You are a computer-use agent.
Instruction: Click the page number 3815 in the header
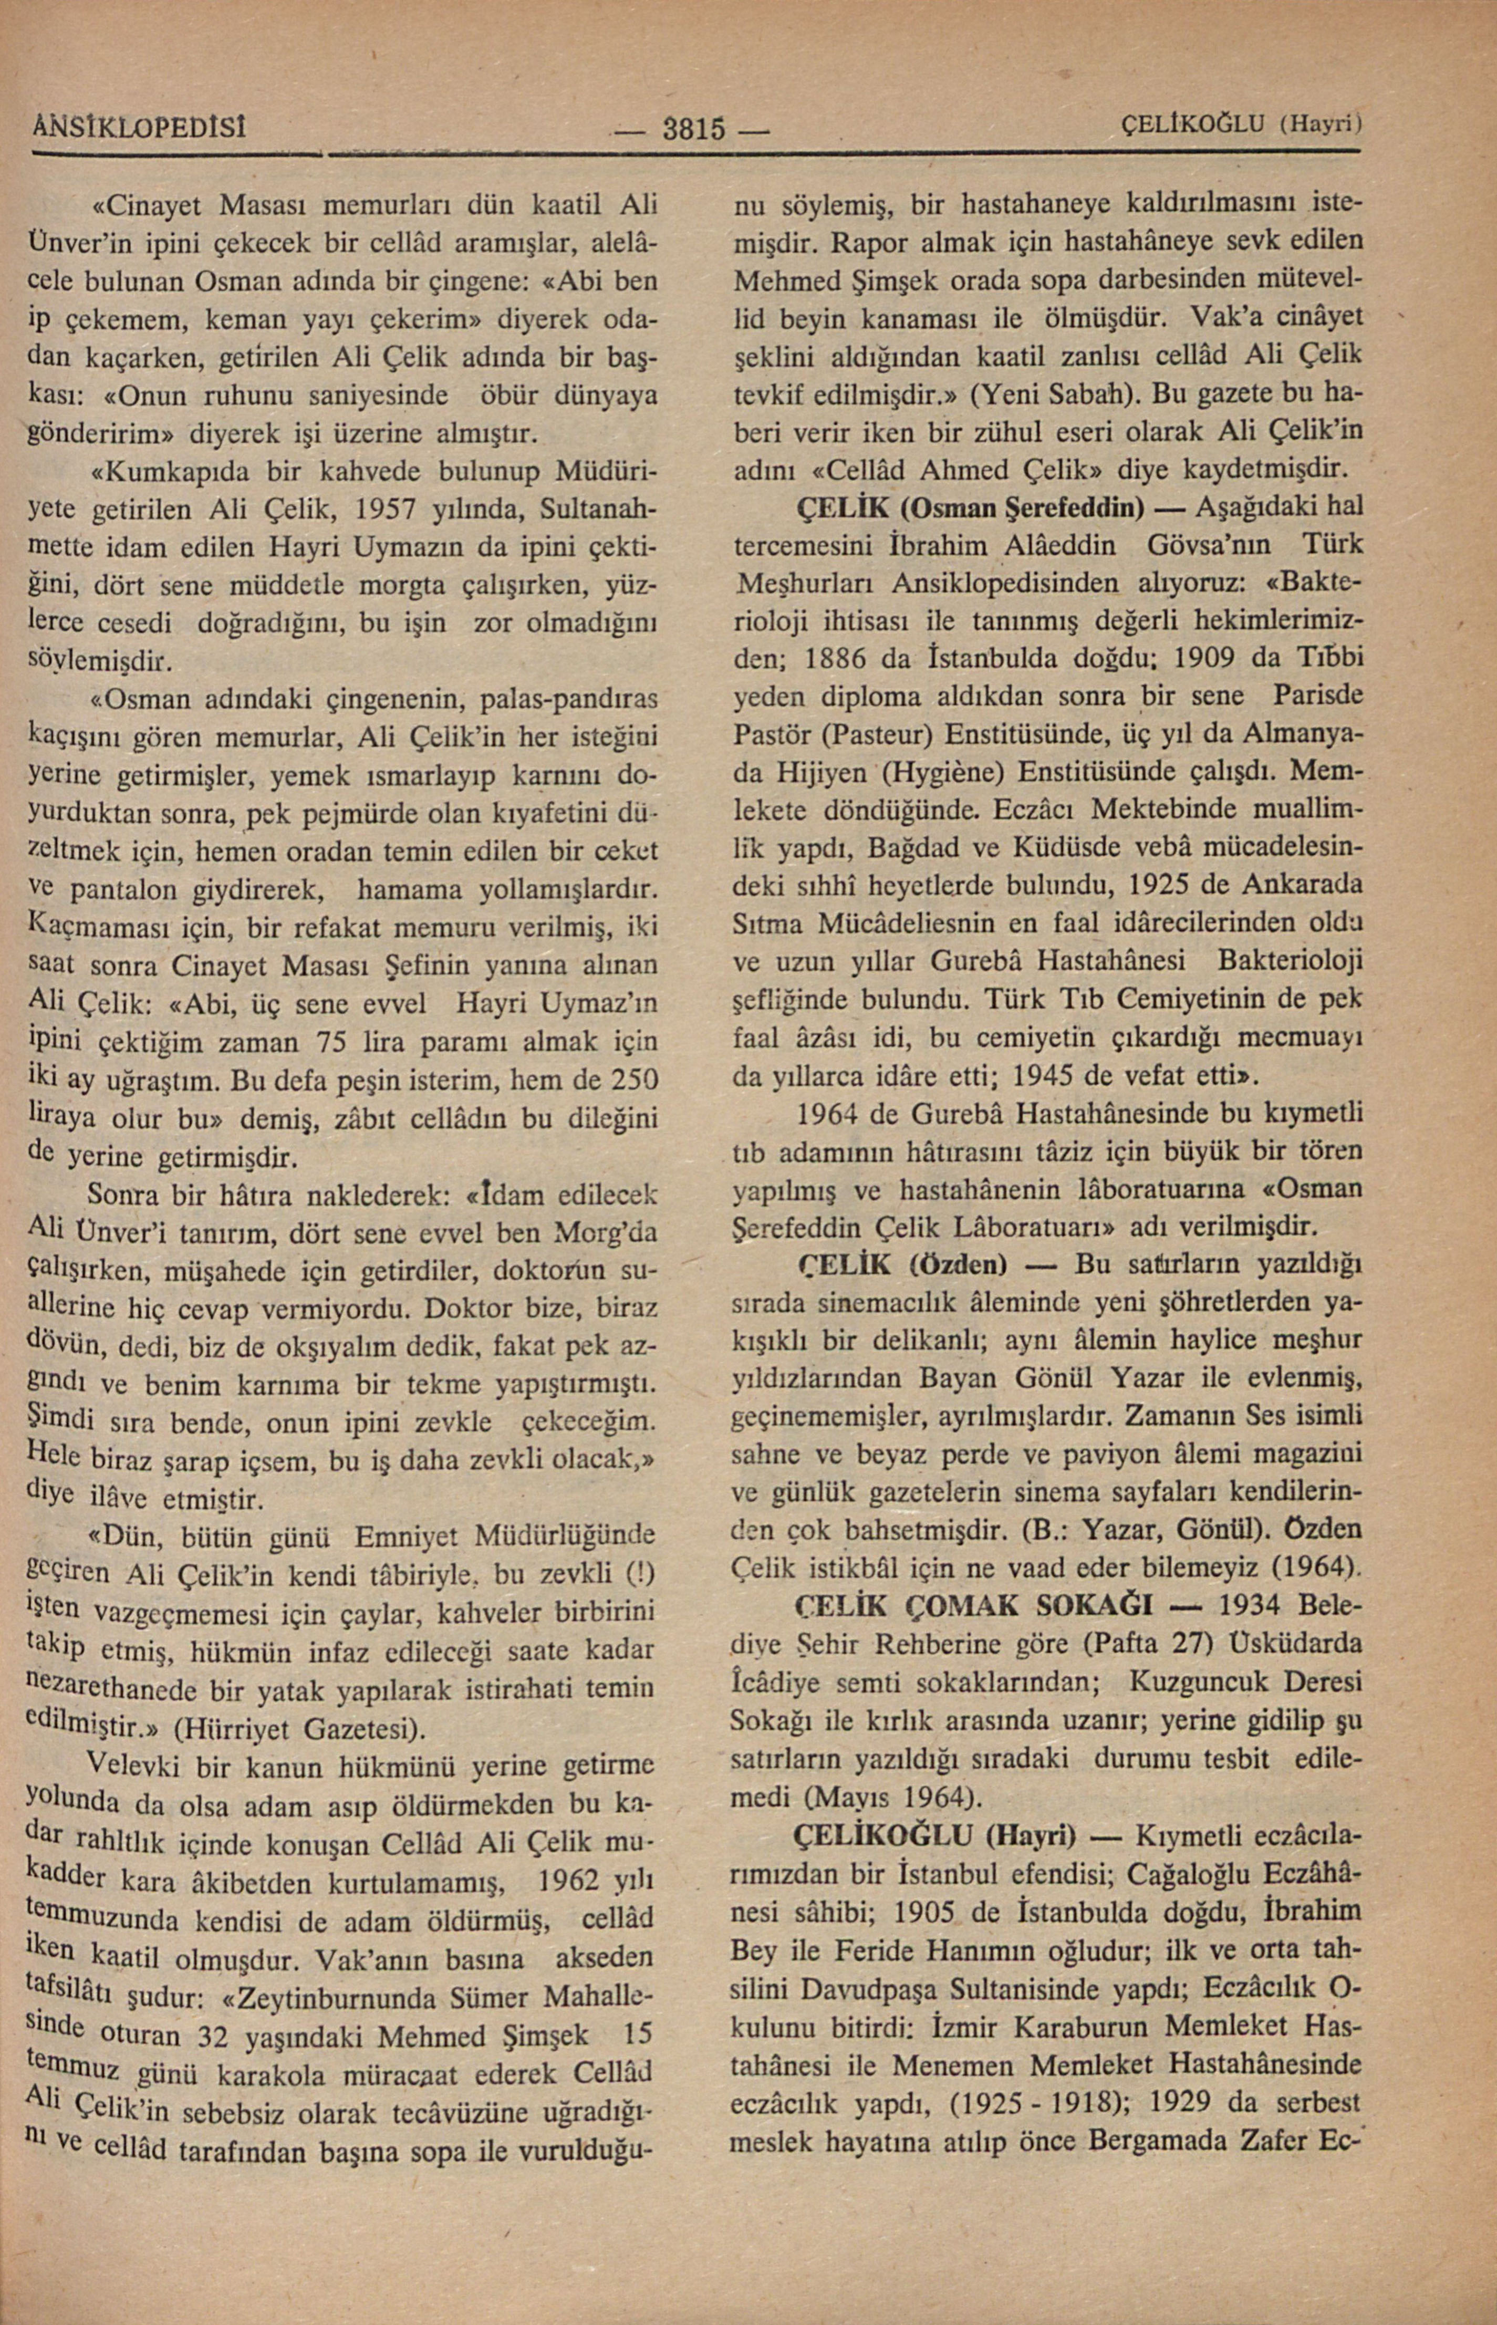click(694, 127)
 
